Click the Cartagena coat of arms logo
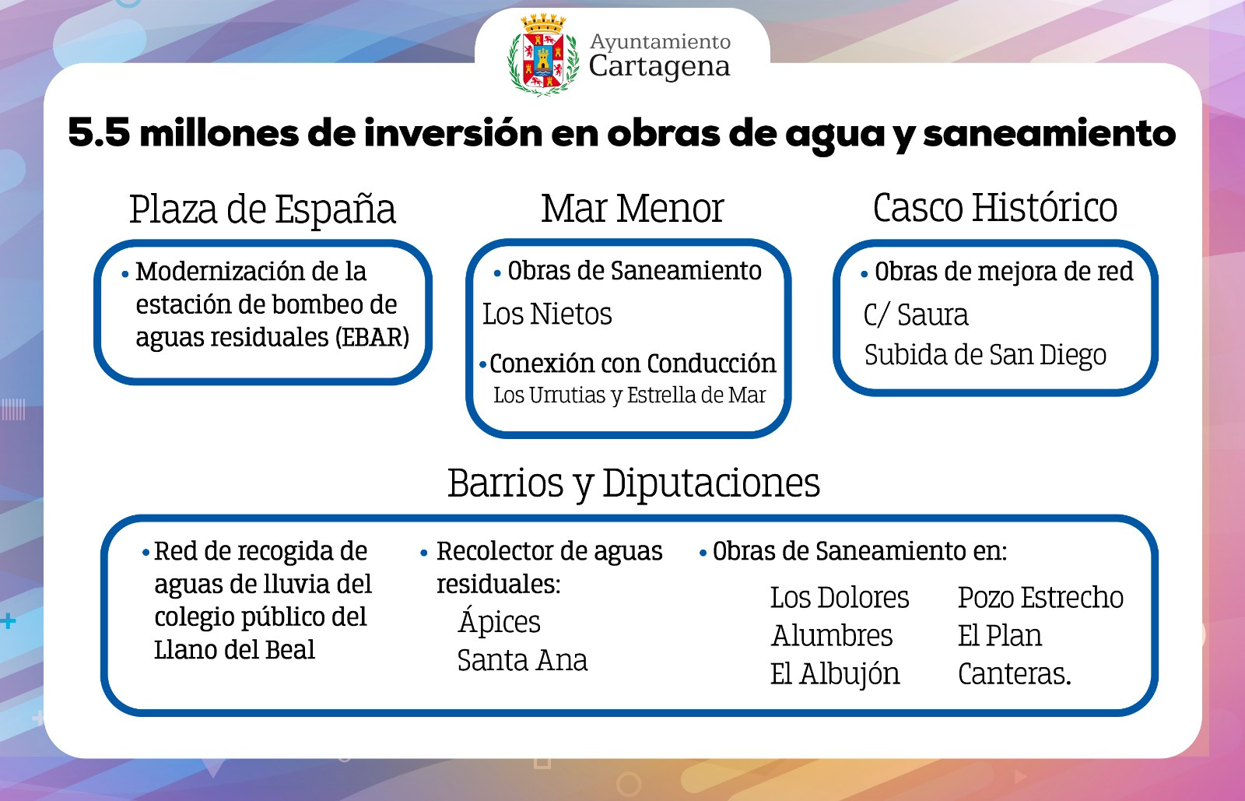543,55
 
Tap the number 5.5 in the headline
99,133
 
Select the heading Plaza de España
262,209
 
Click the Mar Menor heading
633,209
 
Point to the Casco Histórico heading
995,208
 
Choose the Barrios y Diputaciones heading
633,483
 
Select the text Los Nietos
547,314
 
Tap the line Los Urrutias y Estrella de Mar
630,395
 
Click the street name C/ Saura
916,314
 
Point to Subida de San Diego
985,355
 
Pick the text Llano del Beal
234,649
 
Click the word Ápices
499,620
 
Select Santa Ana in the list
522,660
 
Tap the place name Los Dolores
840,598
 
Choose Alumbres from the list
832,635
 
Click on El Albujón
835,673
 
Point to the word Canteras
1012,673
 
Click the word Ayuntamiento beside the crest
661,42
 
